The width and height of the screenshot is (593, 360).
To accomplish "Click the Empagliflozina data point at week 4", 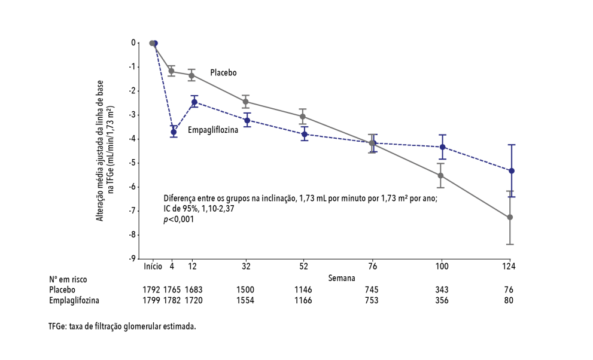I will pos(174,132).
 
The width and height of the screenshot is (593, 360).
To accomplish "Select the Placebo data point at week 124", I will pos(510,217).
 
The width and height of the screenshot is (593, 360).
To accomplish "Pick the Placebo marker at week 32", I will pos(245,102).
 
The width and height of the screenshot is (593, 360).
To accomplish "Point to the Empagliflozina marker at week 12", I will pos(194,102).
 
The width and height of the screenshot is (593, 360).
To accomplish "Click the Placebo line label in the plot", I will pos(223,72).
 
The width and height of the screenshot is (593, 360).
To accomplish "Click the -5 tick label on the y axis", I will pos(133,163).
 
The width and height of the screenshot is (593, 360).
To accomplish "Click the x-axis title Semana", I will pos(341,278).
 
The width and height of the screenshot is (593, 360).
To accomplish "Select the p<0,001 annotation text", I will pos(179,219).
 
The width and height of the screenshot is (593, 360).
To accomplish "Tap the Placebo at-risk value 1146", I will pos(303,289).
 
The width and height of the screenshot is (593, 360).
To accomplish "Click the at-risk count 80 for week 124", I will pos(509,300).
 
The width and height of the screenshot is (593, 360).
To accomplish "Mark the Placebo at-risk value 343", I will pos(442,289).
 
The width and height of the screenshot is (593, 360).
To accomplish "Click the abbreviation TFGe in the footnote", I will pos(58,327).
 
